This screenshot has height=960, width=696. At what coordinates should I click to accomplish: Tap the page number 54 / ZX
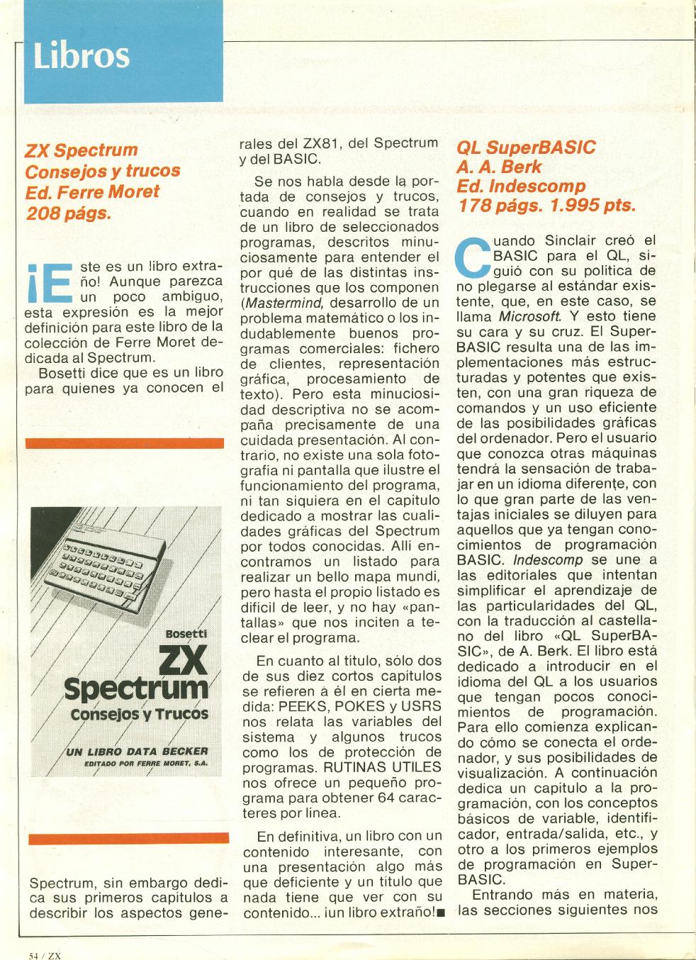point(46,954)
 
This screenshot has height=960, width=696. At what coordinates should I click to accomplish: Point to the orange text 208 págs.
point(68,212)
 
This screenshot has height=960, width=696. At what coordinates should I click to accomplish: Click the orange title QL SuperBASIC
point(526,147)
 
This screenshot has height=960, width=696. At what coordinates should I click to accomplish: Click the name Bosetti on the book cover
point(184,632)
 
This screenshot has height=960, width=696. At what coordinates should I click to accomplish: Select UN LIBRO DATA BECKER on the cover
point(136,751)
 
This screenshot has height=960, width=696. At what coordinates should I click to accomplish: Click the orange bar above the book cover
point(125,443)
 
